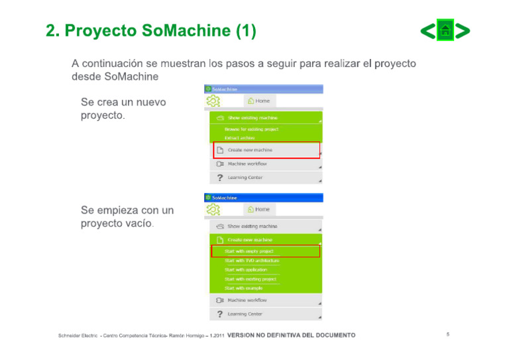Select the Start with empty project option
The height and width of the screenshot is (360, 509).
(249, 251)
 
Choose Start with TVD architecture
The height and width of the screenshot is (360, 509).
(251, 261)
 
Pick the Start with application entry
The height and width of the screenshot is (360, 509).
(245, 270)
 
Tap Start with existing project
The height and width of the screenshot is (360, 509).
(250, 279)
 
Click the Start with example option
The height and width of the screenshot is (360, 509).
(243, 288)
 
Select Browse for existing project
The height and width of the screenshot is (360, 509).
(251, 129)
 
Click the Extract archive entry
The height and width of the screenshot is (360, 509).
(239, 138)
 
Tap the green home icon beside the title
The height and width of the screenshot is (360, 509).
(445, 30)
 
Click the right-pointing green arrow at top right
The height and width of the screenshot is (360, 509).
(463, 30)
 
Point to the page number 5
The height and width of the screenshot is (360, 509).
(447, 334)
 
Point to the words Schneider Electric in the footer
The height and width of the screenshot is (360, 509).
(78, 335)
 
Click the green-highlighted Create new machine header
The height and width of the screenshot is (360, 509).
(250, 239)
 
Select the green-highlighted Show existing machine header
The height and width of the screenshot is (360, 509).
(252, 117)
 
